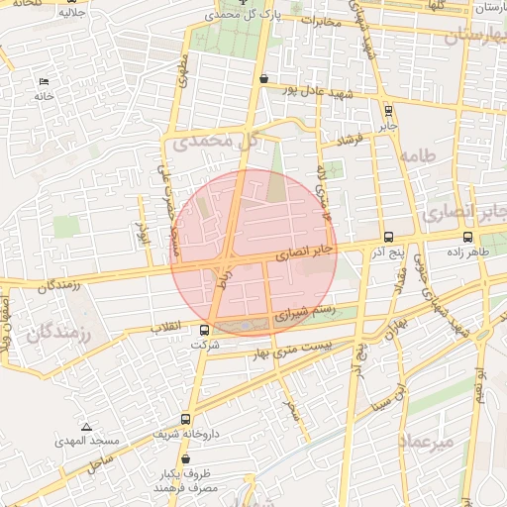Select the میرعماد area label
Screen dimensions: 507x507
428,441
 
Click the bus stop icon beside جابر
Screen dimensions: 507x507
387,111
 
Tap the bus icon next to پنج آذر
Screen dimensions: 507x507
387,238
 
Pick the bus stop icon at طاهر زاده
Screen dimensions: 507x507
467,237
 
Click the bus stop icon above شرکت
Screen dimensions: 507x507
204,330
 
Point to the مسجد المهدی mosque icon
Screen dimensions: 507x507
86,427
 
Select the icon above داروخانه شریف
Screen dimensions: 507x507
185,419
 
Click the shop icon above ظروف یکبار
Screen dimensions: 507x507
185,458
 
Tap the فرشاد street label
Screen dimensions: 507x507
352,141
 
